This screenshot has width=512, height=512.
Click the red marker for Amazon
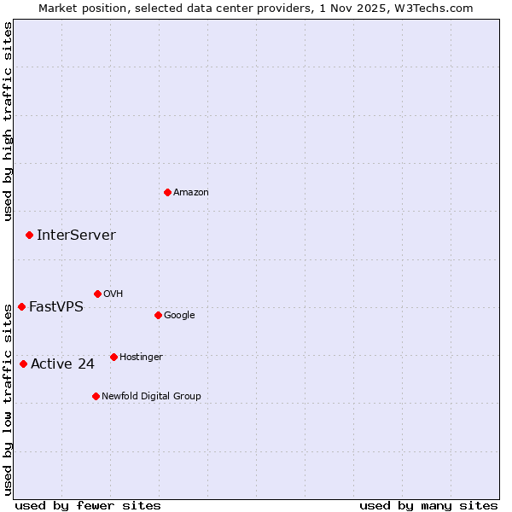[x=167, y=192]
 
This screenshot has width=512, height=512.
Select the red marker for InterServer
[x=29, y=235]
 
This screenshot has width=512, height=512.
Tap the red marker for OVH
[x=97, y=294]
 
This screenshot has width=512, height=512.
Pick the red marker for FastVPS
[x=21, y=306]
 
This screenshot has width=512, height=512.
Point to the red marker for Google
[x=158, y=315]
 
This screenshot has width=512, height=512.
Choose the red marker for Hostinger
[x=113, y=357]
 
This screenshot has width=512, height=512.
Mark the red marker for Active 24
[x=23, y=364]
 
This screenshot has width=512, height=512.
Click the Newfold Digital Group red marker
[x=96, y=396]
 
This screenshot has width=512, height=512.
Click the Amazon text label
[x=191, y=193]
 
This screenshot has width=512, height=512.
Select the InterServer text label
[x=76, y=236]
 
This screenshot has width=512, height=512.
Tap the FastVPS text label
[x=56, y=307]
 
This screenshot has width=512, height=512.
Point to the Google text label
[x=179, y=316]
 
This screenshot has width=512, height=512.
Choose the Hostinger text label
[x=141, y=358]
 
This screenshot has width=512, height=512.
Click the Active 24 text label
[x=62, y=364]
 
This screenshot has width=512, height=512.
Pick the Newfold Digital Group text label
[x=151, y=397]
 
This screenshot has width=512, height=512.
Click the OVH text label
[x=113, y=294]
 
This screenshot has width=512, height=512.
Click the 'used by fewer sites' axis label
[x=88, y=506]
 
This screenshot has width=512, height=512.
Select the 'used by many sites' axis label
[x=428, y=506]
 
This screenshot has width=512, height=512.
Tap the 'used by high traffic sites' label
[x=8, y=121]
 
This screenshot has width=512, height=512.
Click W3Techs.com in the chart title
[x=438, y=8]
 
